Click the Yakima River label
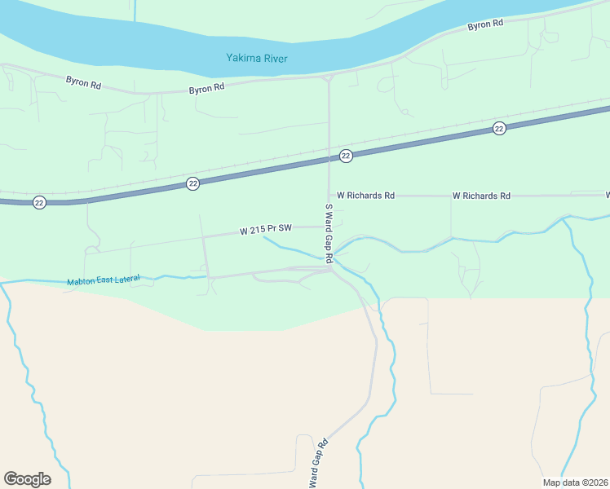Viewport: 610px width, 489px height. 257,59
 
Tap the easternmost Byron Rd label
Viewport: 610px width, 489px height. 484,25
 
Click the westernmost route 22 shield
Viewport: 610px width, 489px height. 39,202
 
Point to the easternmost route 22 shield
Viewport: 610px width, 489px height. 499,129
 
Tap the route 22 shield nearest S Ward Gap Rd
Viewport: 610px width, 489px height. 346,156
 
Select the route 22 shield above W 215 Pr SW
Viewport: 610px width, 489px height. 192,183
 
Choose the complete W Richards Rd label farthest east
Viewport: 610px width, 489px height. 481,196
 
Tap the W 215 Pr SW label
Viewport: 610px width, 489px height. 266,231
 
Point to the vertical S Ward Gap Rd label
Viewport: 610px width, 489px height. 329,233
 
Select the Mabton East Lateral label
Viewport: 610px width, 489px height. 104,280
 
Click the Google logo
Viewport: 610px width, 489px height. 27,479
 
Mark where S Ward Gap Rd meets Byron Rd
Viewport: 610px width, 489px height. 328,77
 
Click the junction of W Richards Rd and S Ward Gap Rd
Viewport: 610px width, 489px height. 329,196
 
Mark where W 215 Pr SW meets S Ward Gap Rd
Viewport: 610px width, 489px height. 329,227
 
